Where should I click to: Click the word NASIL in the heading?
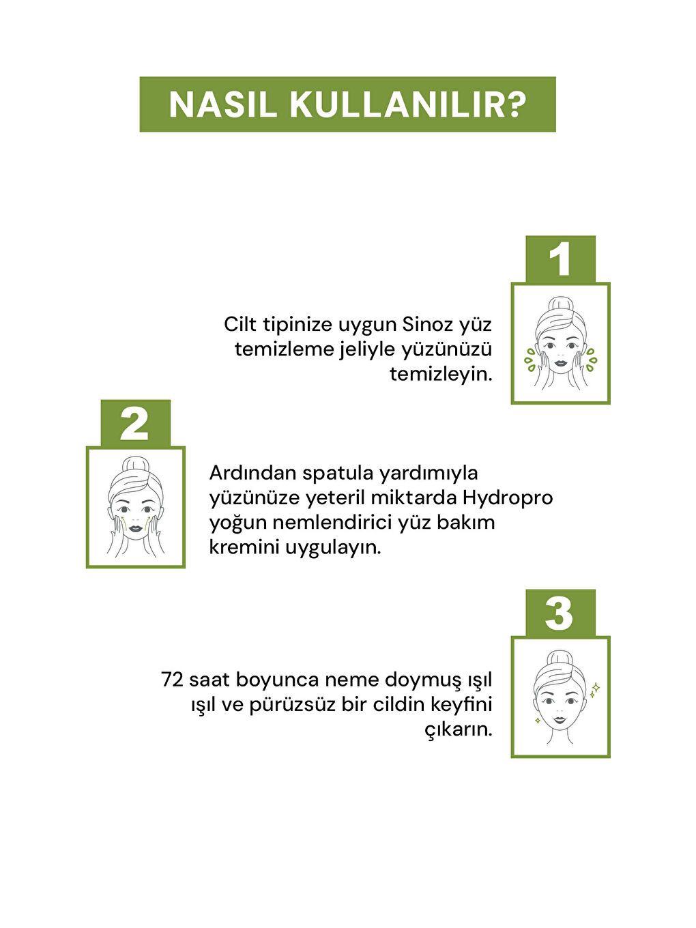click(x=222, y=104)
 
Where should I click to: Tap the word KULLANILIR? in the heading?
click(x=408, y=104)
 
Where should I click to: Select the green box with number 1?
click(x=560, y=259)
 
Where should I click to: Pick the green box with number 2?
click(x=135, y=424)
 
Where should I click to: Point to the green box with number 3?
click(x=560, y=613)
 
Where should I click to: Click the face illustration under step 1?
click(x=560, y=343)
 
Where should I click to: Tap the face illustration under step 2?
click(x=135, y=507)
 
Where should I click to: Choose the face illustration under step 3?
click(x=560, y=697)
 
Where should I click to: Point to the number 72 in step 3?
click(x=172, y=680)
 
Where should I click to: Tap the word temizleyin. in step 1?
click(x=441, y=374)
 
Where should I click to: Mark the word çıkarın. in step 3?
click(x=458, y=729)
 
